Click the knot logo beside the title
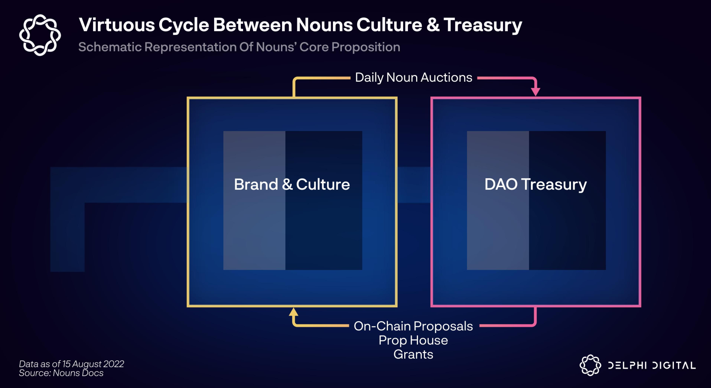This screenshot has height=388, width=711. point(40,35)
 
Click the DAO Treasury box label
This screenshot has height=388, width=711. point(536,185)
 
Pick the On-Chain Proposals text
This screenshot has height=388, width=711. point(413,326)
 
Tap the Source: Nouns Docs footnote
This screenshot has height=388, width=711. point(61,373)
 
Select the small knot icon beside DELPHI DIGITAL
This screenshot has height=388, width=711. point(590,365)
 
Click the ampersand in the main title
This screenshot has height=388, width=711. point(432,25)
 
